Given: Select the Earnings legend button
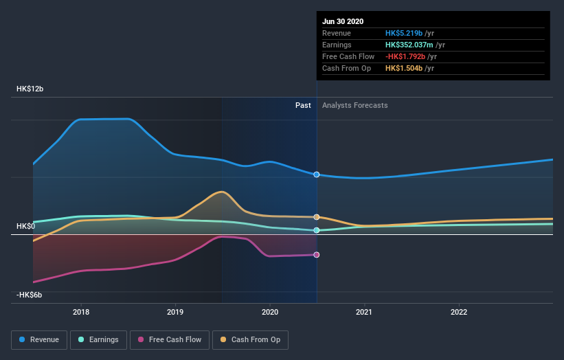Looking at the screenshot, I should click(99, 339).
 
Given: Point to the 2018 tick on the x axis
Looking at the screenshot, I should click(81, 311).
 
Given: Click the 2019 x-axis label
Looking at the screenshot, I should click(175, 311).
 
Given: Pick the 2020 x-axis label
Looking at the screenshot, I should click(270, 311).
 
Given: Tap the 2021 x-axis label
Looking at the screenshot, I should click(364, 311).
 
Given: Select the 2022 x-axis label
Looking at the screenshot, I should click(458, 311).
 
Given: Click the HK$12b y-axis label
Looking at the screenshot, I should click(30, 89).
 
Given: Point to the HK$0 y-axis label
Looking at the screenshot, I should click(25, 226).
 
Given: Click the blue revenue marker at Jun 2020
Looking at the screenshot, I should click(317, 175).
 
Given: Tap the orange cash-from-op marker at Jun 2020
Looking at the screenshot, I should click(317, 217).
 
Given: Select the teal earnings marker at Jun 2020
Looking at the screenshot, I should click(317, 230).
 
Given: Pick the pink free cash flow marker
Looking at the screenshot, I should click(317, 255).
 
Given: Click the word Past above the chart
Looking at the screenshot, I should click(303, 106).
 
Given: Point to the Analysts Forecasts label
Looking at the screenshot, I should click(354, 106).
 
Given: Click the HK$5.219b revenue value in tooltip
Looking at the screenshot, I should click(405, 34).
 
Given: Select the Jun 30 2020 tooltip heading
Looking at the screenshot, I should click(343, 21).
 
